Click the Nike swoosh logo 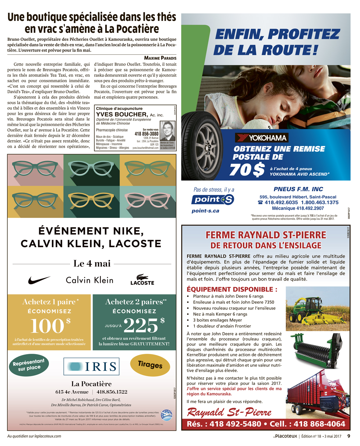coord(39,280)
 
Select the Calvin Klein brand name coord(90,280)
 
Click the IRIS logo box coord(91,367)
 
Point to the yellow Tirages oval coord(150,365)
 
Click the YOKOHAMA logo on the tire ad coord(261,138)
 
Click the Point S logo coord(212,200)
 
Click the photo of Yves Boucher coord(167,131)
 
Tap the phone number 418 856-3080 coord(147,134)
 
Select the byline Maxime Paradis coord(160,58)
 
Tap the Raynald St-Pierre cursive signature coord(229,412)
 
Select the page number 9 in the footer coord(348,436)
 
